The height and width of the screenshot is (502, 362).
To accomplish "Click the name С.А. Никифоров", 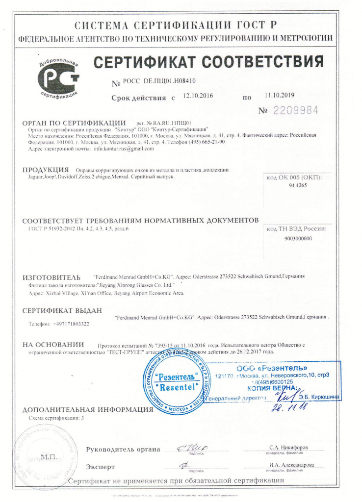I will coord(289,448).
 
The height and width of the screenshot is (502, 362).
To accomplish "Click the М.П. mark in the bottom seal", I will coord(49,457).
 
